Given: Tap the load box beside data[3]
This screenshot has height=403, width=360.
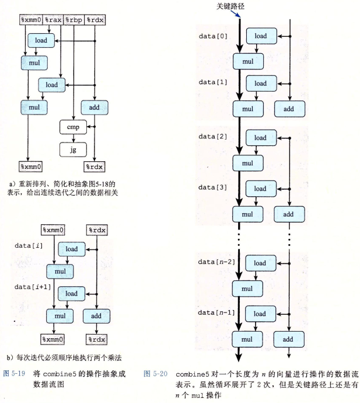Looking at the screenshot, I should click(x=260, y=189).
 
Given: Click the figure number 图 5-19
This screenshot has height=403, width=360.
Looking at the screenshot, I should click(x=15, y=372).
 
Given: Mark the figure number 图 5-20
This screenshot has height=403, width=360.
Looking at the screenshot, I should click(x=155, y=372).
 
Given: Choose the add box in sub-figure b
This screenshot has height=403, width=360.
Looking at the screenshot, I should click(x=96, y=316).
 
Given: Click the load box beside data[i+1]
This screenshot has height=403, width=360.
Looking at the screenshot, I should click(x=71, y=293).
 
